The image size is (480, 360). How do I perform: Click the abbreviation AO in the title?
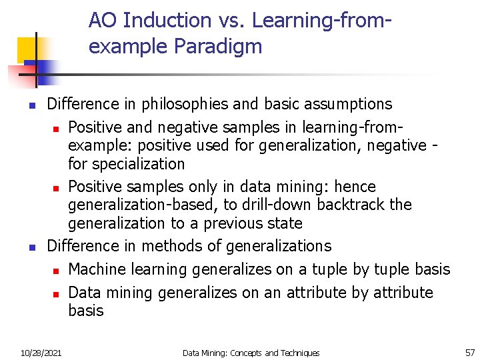click(x=103, y=21)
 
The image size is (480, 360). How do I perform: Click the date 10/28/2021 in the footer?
click(x=41, y=353)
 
